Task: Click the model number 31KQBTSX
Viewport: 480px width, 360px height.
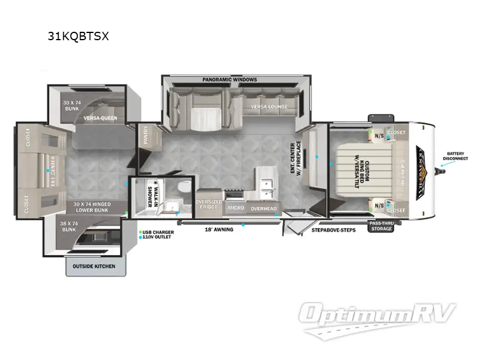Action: coord(79,36)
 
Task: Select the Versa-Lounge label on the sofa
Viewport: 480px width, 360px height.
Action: coord(269,107)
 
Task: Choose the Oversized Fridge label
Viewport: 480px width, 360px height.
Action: coord(209,205)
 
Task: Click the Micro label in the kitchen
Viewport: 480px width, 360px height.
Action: coord(235,208)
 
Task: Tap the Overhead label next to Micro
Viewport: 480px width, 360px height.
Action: coord(263,208)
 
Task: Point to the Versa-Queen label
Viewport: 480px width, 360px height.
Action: coord(100,118)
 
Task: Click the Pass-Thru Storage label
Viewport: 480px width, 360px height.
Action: coord(382,226)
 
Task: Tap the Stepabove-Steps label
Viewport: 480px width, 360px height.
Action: coord(334,230)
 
